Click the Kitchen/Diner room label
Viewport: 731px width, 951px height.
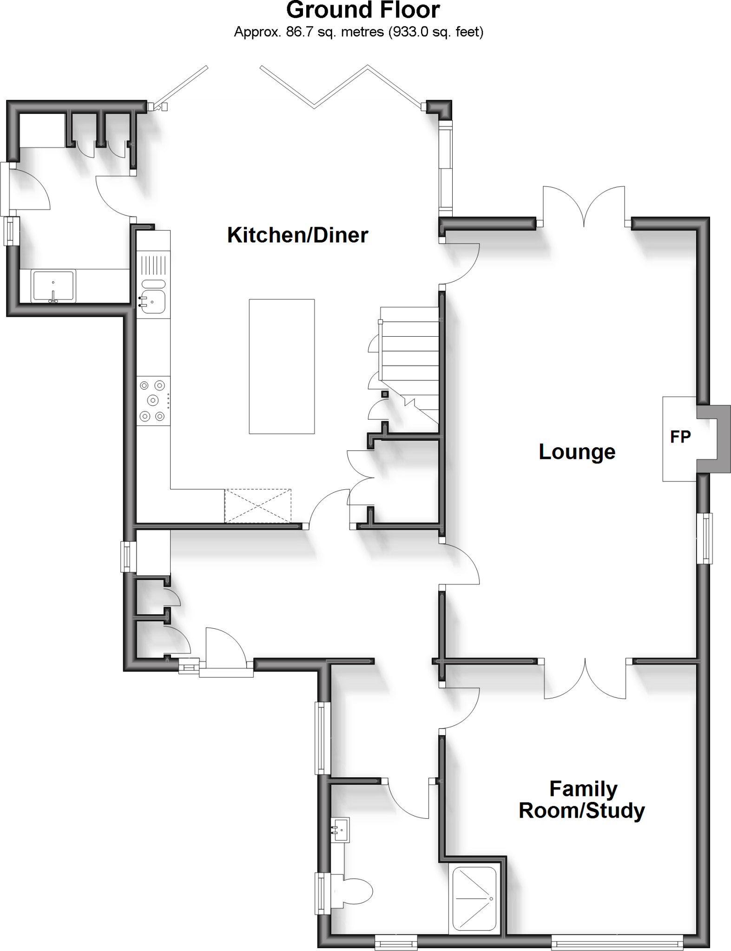coord(297,235)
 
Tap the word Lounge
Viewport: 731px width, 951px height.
coord(577,452)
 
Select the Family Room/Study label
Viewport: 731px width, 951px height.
coord(582,800)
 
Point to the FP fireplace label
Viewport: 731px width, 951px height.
coord(680,436)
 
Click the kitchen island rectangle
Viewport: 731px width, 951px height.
coord(282,366)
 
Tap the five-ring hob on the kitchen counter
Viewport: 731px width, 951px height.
coord(153,400)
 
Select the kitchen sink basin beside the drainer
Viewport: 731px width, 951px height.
coord(154,302)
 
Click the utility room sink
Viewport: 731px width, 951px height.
coord(53,286)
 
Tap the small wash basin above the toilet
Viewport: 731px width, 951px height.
coord(340,829)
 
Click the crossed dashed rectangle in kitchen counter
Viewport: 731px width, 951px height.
coord(258,506)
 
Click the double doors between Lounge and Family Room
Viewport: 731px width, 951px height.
coord(585,680)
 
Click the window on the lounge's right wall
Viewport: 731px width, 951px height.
coord(706,538)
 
